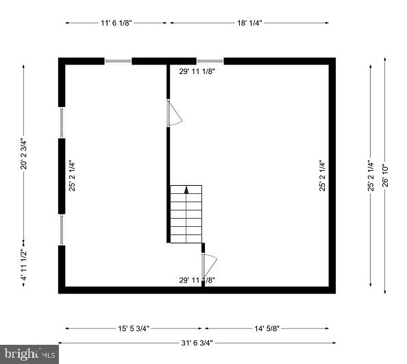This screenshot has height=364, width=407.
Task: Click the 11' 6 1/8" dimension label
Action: (116, 23)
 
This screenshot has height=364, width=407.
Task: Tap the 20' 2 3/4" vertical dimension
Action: (24, 154)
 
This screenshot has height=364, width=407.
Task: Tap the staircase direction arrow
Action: (186, 191)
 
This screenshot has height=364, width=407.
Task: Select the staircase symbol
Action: (186, 213)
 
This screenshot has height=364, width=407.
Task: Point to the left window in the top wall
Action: (118, 61)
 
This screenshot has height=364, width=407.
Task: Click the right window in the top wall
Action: (210, 61)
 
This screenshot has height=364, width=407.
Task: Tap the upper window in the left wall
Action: (61, 123)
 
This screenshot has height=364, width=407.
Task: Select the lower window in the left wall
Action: (61, 229)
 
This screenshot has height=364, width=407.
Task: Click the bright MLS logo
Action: (28, 354)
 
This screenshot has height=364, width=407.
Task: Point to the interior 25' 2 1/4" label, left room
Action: (71, 175)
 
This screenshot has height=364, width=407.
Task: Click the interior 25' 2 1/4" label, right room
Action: (321, 175)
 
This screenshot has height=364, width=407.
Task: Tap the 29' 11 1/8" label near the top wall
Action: (197, 71)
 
